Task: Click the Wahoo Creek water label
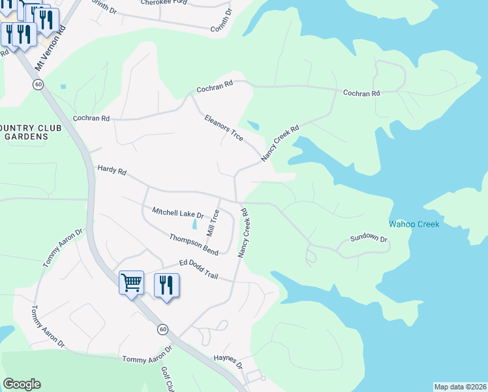coord(414,224)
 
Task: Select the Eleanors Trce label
coord(224,127)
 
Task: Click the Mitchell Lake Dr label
coord(177,213)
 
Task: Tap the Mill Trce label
coord(213,223)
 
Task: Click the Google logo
coord(22,384)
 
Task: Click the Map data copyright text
coord(459,387)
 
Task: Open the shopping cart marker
coord(132,284)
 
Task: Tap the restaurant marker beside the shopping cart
coord(166,286)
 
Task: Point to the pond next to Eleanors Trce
coord(252,126)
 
